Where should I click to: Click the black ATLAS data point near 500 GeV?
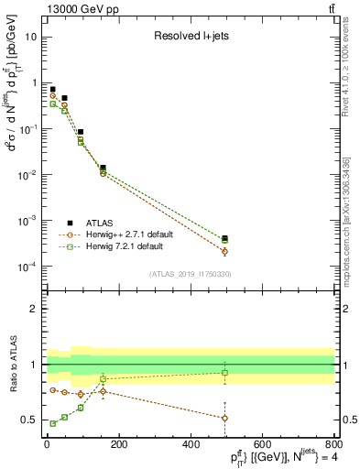224,238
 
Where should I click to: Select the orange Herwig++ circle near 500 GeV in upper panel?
224,251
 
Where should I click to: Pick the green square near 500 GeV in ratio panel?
224,373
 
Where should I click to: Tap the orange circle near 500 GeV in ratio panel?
224,418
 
